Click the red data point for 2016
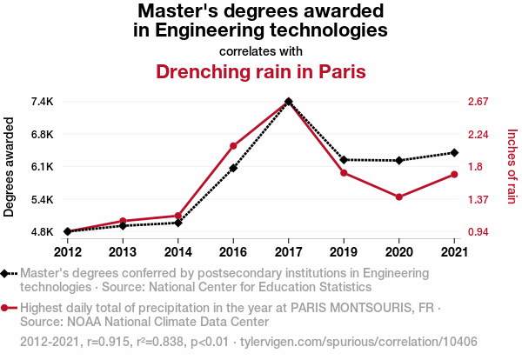click(233, 146)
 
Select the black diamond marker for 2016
click(233, 168)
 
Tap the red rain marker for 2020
click(399, 197)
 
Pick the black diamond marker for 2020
click(399, 161)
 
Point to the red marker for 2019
click(344, 173)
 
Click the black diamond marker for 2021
click(454, 153)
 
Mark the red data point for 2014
click(178, 216)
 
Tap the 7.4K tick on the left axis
click(42, 102)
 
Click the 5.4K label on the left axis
click(42, 199)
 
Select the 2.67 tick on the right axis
click(481, 102)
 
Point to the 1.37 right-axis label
click(481, 199)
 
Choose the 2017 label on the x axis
click(288, 252)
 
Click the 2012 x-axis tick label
click(67, 252)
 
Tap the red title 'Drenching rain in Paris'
click(260, 71)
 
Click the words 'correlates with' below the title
click(260, 50)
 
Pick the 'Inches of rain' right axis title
click(512, 166)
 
